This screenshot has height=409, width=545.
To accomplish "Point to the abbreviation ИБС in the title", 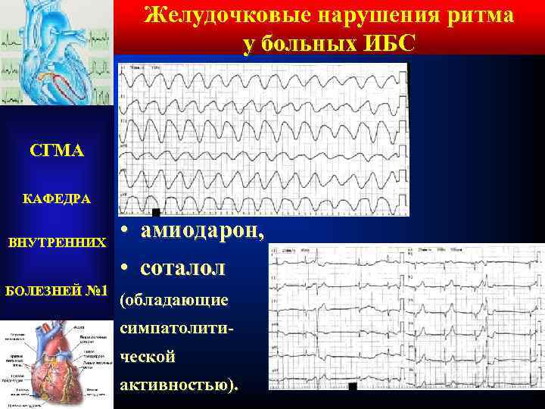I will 393,43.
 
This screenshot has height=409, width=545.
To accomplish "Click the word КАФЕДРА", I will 56,199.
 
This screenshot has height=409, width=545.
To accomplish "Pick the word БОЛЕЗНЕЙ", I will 45,291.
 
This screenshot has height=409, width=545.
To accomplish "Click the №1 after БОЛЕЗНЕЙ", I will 98,291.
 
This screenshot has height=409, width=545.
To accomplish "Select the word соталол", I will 182,267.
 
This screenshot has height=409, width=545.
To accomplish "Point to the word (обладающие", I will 174,301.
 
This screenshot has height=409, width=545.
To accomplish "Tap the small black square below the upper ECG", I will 155,213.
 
